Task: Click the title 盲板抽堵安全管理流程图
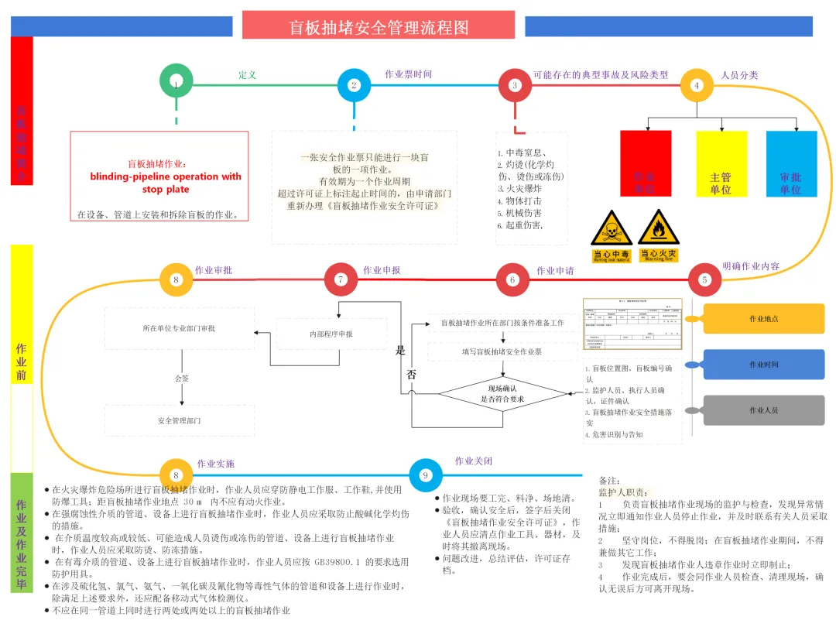(x=379, y=27)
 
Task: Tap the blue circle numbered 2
(x=355, y=85)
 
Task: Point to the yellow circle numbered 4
(x=697, y=85)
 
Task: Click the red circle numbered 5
(x=704, y=279)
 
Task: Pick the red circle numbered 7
(x=340, y=279)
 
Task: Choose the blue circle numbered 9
(x=425, y=475)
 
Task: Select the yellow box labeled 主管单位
(x=721, y=163)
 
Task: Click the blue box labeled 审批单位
(x=791, y=163)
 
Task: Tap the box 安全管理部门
(x=180, y=420)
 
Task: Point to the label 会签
(x=181, y=379)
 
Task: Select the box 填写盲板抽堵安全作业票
(x=502, y=352)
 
